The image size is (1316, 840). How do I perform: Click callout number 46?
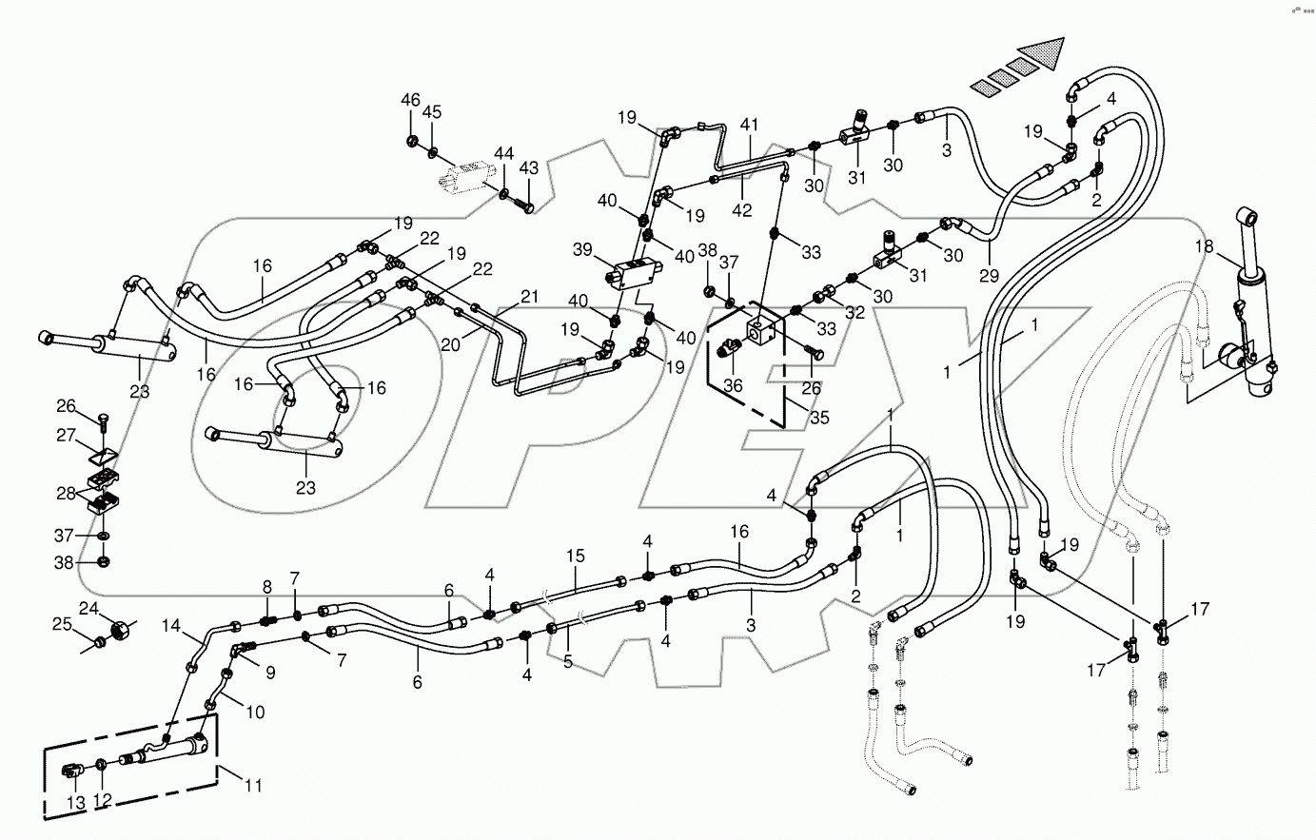click(x=409, y=100)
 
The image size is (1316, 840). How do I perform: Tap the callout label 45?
click(x=432, y=111)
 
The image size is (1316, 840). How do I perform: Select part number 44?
click(x=503, y=153)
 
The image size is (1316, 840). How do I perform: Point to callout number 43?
click(x=528, y=168)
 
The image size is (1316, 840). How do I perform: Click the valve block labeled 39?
click(x=634, y=275)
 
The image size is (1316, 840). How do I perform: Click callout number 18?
click(x=1205, y=246)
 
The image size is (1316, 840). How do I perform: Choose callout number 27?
click(x=65, y=435)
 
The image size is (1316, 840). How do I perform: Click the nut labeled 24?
click(x=122, y=629)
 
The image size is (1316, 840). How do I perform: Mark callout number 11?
click(x=253, y=787)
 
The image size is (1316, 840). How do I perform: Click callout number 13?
click(x=76, y=804)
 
